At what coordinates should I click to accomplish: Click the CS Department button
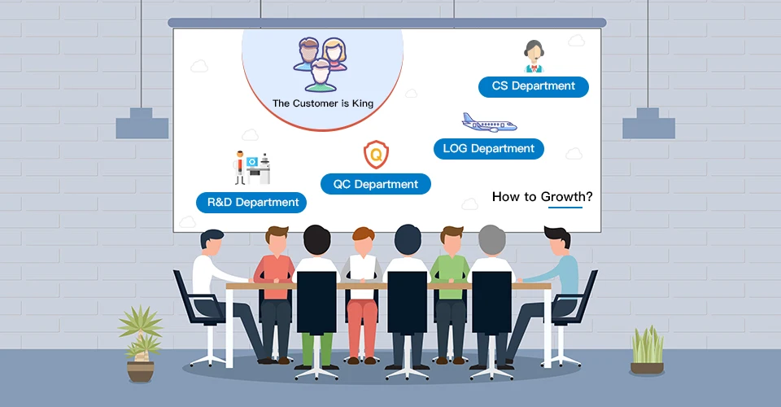coord(534,86)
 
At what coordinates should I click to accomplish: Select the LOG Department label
coord(489,149)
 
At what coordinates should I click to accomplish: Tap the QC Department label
coord(376,184)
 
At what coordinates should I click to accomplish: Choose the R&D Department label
coord(251,202)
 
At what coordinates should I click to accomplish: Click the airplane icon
coord(489,123)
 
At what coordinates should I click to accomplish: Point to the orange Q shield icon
coord(376,155)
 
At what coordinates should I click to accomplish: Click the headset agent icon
coord(534,56)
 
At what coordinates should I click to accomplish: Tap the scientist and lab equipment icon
coord(252,168)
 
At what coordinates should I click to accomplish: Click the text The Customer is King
coord(323,103)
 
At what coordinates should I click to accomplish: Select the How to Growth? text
coord(542,197)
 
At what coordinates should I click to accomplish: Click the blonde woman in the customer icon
coord(334,54)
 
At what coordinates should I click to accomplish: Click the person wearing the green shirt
coord(451,294)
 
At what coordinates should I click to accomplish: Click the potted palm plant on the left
coord(141,344)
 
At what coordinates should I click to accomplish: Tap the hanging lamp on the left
coord(142,123)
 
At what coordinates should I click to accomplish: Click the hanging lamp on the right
coord(648,123)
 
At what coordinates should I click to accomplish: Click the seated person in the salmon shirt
coord(274,294)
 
